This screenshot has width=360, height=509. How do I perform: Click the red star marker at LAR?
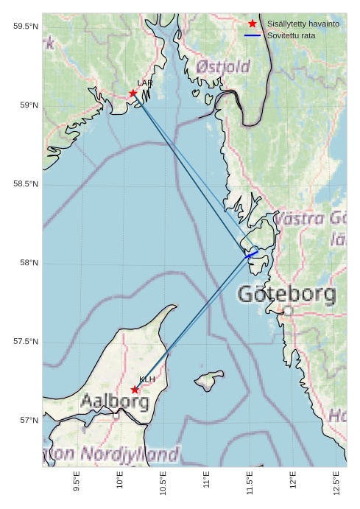pos(133,94)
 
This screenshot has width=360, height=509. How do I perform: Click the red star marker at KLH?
pos(135,390)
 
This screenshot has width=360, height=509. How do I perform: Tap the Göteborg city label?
pos(286,295)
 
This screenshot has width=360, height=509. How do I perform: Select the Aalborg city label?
pos(114,402)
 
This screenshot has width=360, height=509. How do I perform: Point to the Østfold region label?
pos(223,67)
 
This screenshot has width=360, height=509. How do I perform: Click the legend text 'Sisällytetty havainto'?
pos(303,24)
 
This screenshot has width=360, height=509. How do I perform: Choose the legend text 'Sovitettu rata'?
pos(292,35)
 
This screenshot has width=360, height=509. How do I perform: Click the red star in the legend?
pos(253,24)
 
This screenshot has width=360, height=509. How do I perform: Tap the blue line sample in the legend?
pos(253,35)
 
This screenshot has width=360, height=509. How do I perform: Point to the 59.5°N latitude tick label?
pos(25,27)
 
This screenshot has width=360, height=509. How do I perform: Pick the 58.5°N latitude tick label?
pos(25,184)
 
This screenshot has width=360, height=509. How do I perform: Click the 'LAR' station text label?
pos(144,83)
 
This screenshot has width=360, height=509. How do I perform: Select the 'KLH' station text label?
pos(147,379)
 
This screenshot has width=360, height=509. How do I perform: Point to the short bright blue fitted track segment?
pos(251,255)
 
